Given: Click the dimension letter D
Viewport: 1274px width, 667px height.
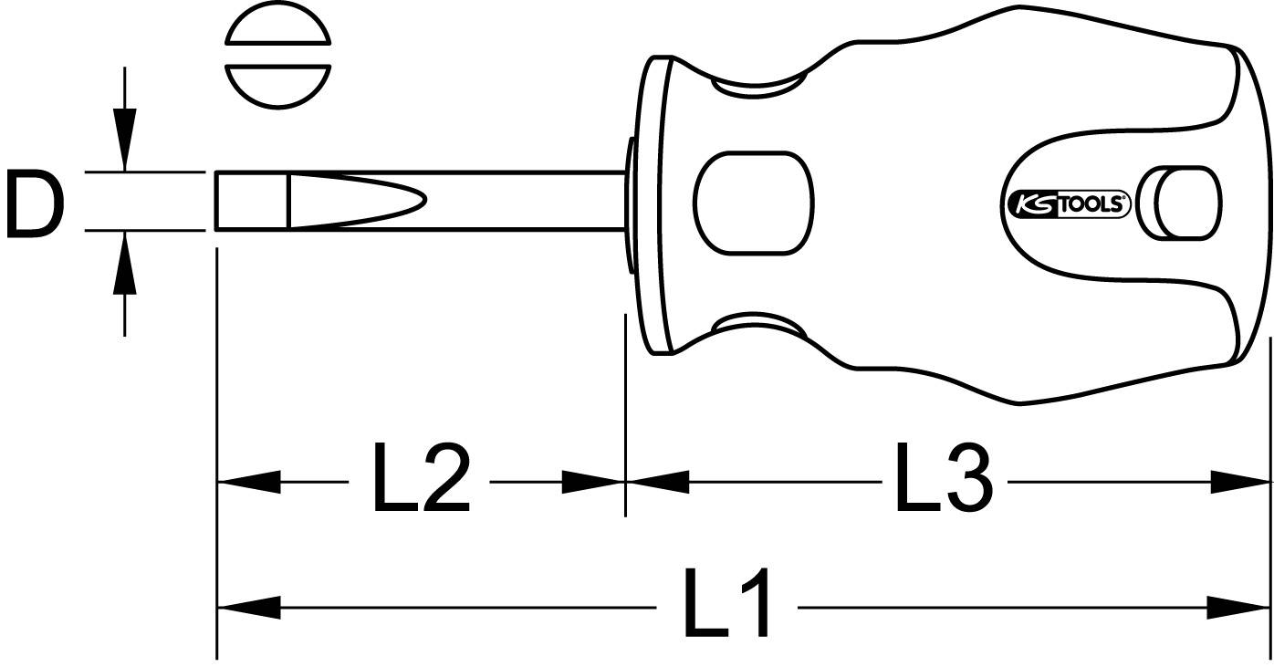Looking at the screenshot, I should pyautogui.click(x=35, y=202).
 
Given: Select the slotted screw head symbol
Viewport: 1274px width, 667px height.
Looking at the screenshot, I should pyautogui.click(x=277, y=62).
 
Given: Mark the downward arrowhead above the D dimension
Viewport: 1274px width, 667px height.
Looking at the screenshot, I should pyautogui.click(x=125, y=137).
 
